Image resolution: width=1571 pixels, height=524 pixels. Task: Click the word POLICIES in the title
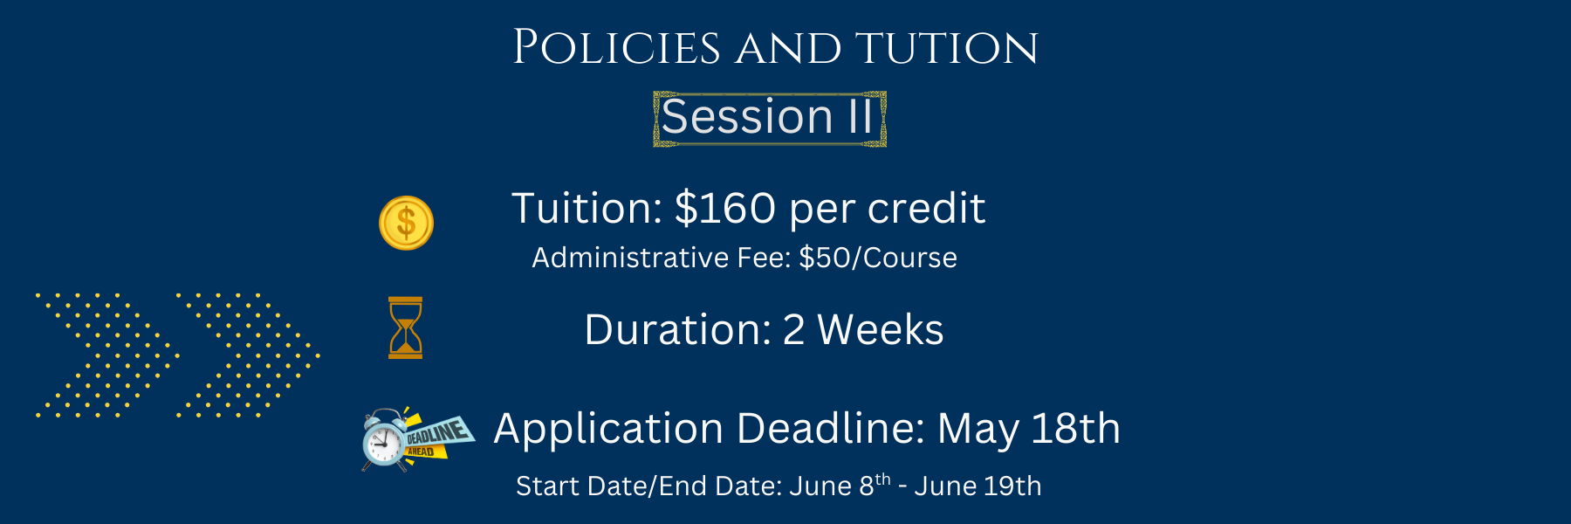point(616,48)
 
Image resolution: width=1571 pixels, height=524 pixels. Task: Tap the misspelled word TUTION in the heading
point(947,49)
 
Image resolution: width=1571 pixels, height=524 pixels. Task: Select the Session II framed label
point(770,118)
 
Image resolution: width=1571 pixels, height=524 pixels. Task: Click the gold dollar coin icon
point(406,223)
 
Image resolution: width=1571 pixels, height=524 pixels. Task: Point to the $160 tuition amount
point(725,209)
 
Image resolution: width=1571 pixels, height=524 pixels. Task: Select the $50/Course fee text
point(878,258)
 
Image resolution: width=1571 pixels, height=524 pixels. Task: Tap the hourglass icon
point(406,327)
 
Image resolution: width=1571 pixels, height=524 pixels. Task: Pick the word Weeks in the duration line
point(881,330)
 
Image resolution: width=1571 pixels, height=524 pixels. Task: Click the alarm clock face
point(383,442)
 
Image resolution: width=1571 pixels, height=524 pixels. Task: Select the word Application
point(608,430)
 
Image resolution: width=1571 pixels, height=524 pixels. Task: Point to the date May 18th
point(1029,429)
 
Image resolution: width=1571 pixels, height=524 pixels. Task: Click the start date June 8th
point(840,485)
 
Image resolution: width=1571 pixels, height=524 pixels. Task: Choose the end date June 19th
point(978,486)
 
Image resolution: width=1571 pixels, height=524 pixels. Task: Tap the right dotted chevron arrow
point(249,355)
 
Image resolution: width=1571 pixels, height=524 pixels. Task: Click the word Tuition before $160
point(587,209)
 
